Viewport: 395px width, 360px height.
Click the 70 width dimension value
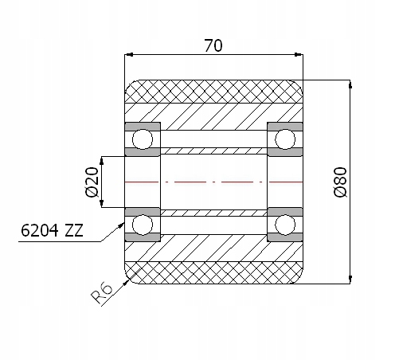[x=213, y=45]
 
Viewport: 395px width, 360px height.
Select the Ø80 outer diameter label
[x=340, y=182]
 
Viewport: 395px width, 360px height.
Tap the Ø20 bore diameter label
[x=92, y=182]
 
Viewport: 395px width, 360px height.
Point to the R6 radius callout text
[x=102, y=293]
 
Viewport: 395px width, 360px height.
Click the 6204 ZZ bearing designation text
[x=52, y=230]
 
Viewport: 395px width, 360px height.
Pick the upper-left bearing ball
[x=143, y=139]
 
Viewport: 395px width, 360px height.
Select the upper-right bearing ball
[x=285, y=139]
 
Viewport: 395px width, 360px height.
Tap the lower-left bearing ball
[x=143, y=225]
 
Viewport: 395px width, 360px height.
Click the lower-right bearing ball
[x=285, y=225]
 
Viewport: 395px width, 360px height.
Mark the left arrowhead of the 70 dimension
[x=128, y=55]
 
